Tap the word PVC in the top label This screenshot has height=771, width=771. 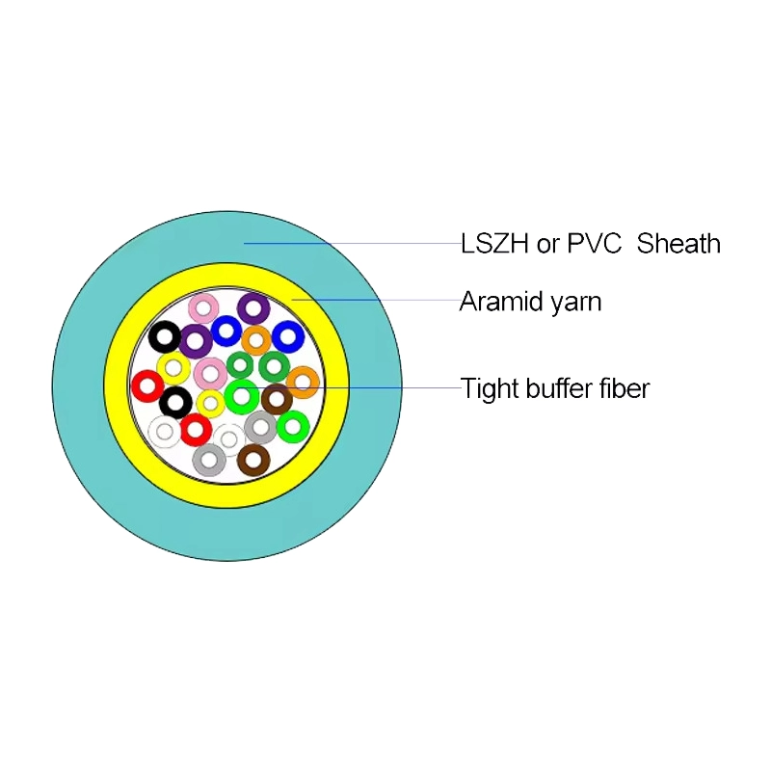pos(594,243)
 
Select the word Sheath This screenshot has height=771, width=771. pos(678,243)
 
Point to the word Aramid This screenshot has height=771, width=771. pos(500,301)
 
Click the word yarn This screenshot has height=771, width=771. pos(575,304)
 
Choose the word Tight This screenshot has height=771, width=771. pos(490,389)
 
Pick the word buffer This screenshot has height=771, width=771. pos(559,388)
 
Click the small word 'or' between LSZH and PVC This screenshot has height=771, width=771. pos(548,246)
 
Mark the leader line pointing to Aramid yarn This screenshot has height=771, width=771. pos(376,300)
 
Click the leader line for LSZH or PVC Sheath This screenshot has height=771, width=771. pos(353,243)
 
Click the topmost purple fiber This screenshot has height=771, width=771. pos(253,309)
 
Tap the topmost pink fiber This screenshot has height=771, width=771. pos(203,309)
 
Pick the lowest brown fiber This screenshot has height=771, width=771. pos(253,461)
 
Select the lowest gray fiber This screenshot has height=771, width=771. pos(209,461)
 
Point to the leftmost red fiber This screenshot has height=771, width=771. pos(147,386)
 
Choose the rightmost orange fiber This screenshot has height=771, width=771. pos(303,383)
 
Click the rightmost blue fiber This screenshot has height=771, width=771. pos(288,336)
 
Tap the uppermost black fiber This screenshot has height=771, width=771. pos(165,336)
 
